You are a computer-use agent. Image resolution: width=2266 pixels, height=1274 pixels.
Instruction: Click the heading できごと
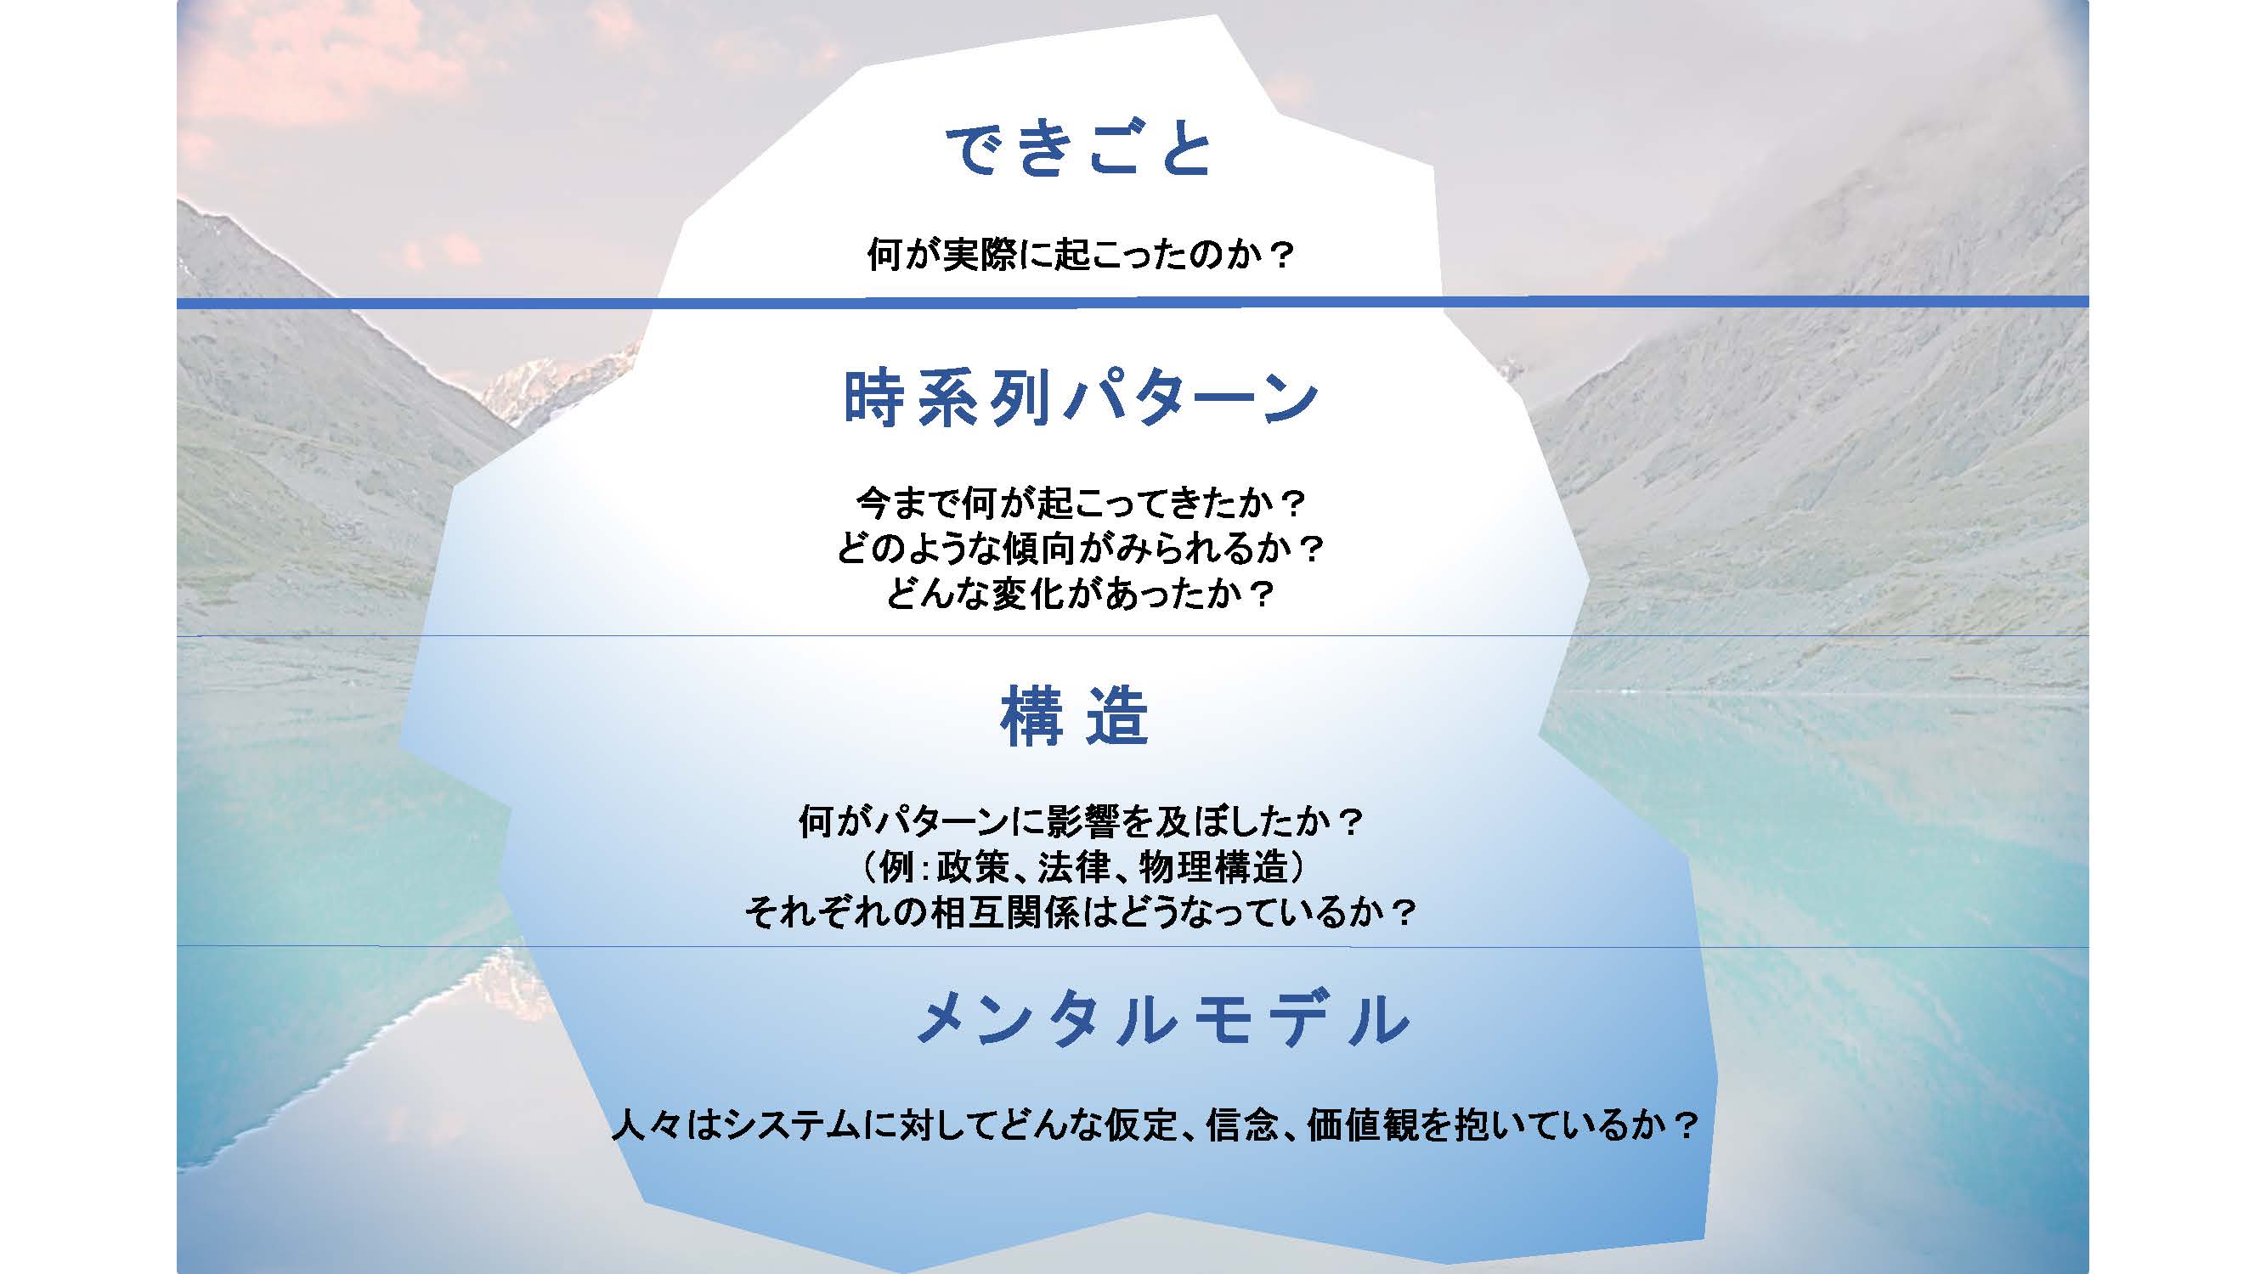[x=1080, y=149]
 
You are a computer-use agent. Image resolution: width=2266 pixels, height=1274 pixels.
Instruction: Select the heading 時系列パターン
[x=1081, y=398]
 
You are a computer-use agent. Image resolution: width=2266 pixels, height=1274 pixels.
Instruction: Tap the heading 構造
[x=1075, y=717]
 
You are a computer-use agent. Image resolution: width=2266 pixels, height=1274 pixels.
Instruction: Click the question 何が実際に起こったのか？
[x=1081, y=255]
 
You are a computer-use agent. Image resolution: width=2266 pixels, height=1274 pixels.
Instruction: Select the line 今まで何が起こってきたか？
[x=1081, y=504]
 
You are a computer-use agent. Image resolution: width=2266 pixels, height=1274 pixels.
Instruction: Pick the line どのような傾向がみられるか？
[x=1081, y=550]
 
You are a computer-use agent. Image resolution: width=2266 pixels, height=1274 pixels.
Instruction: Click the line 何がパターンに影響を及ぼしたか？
[x=1081, y=822]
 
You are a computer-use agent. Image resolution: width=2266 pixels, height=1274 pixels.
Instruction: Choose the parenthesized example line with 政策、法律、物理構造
[x=1081, y=868]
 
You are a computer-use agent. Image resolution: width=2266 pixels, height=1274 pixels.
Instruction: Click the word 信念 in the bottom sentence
[x=1242, y=1125]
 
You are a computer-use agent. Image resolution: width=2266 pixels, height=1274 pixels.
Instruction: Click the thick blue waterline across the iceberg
[x=1133, y=302]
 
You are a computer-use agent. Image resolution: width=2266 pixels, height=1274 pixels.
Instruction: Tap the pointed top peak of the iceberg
[x=1218, y=17]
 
